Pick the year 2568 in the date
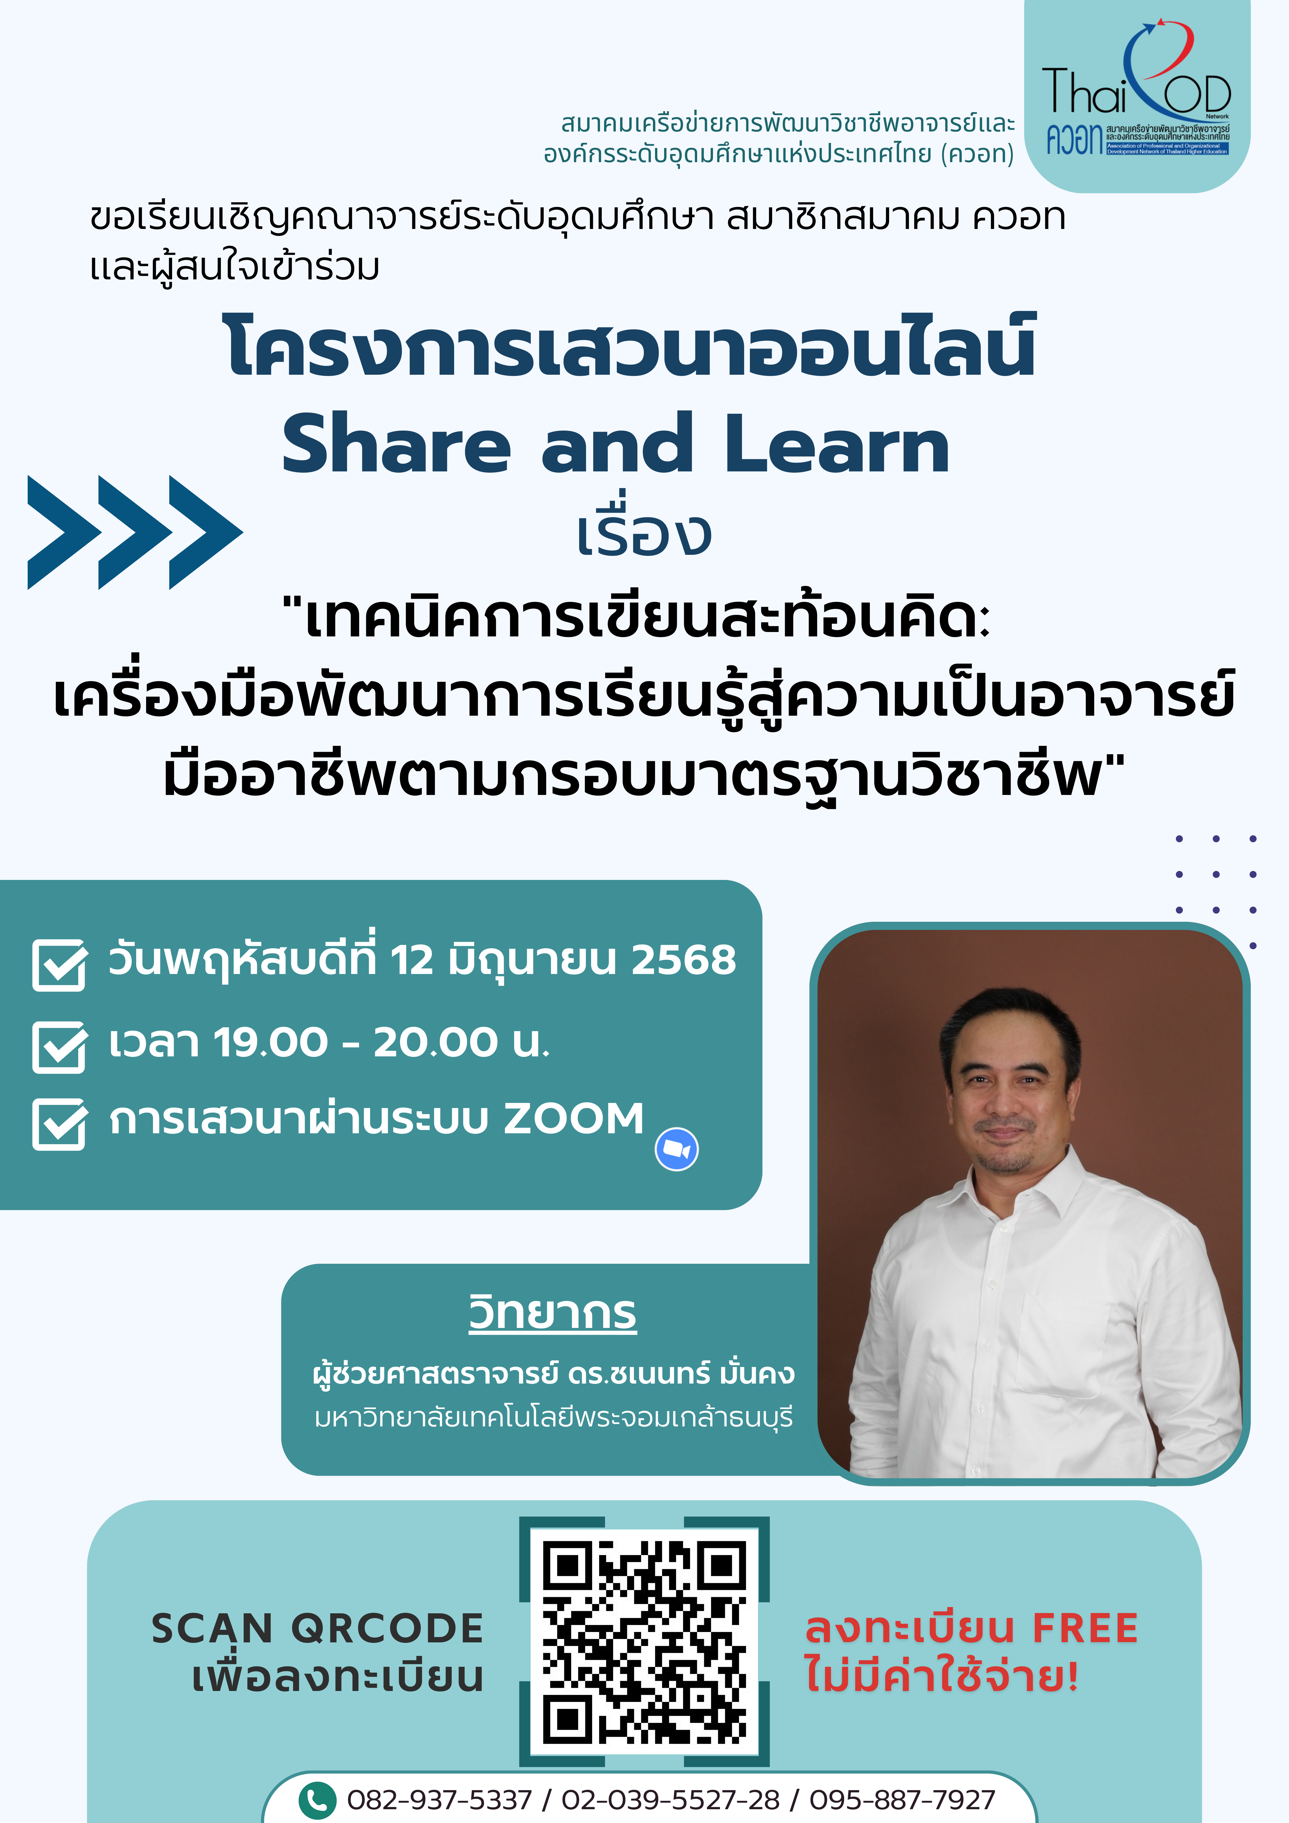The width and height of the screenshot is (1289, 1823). [x=684, y=960]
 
